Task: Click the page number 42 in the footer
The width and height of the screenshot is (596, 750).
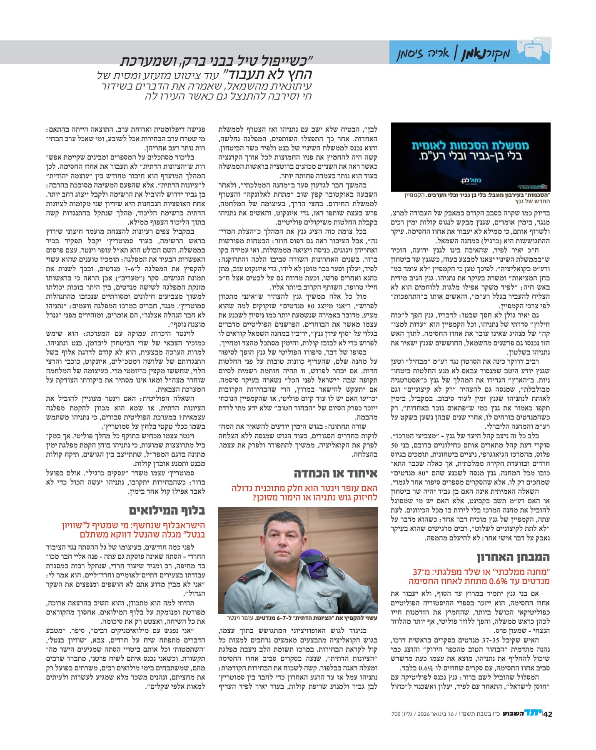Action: [547, 713]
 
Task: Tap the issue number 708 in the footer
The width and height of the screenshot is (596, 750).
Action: [396, 714]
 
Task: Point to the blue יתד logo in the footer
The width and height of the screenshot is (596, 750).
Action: [533, 713]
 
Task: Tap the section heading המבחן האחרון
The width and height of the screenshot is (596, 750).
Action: [513, 557]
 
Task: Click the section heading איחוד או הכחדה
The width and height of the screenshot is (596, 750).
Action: [335, 473]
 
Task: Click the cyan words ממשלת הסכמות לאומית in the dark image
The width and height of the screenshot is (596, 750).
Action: [470, 145]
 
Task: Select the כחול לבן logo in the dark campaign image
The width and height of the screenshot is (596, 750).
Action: [470, 180]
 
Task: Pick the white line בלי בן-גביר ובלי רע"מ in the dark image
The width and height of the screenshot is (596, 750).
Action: [470, 157]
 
